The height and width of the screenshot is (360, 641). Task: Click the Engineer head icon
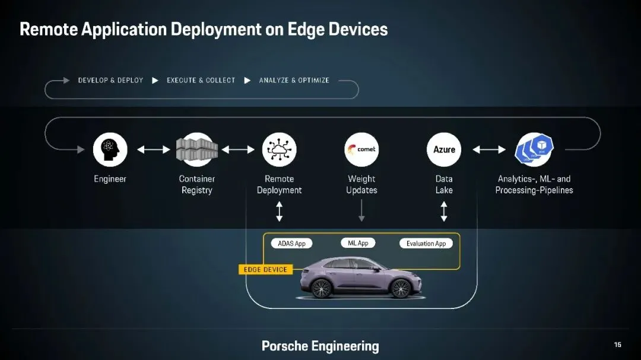click(x=110, y=149)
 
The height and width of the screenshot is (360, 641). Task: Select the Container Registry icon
click(x=197, y=149)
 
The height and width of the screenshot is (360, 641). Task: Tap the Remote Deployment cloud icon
click(x=279, y=149)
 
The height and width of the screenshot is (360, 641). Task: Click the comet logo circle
click(x=361, y=149)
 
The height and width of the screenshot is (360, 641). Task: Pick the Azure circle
click(x=444, y=149)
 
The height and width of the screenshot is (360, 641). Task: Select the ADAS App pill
click(x=291, y=243)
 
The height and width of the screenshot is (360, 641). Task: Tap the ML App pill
click(x=358, y=243)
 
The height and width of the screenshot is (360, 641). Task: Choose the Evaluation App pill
click(x=426, y=243)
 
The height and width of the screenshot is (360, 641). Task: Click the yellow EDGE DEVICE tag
click(x=265, y=269)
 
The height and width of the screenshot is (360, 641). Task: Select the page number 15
click(x=618, y=345)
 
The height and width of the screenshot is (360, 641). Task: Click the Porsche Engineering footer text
click(x=320, y=346)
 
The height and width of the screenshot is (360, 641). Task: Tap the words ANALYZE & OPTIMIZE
click(x=294, y=80)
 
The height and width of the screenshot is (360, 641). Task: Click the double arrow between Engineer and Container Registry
click(x=154, y=149)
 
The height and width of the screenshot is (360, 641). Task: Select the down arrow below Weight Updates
click(x=361, y=211)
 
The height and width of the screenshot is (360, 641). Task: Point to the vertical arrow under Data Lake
click(x=444, y=211)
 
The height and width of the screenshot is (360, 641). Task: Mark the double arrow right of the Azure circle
click(x=489, y=149)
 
